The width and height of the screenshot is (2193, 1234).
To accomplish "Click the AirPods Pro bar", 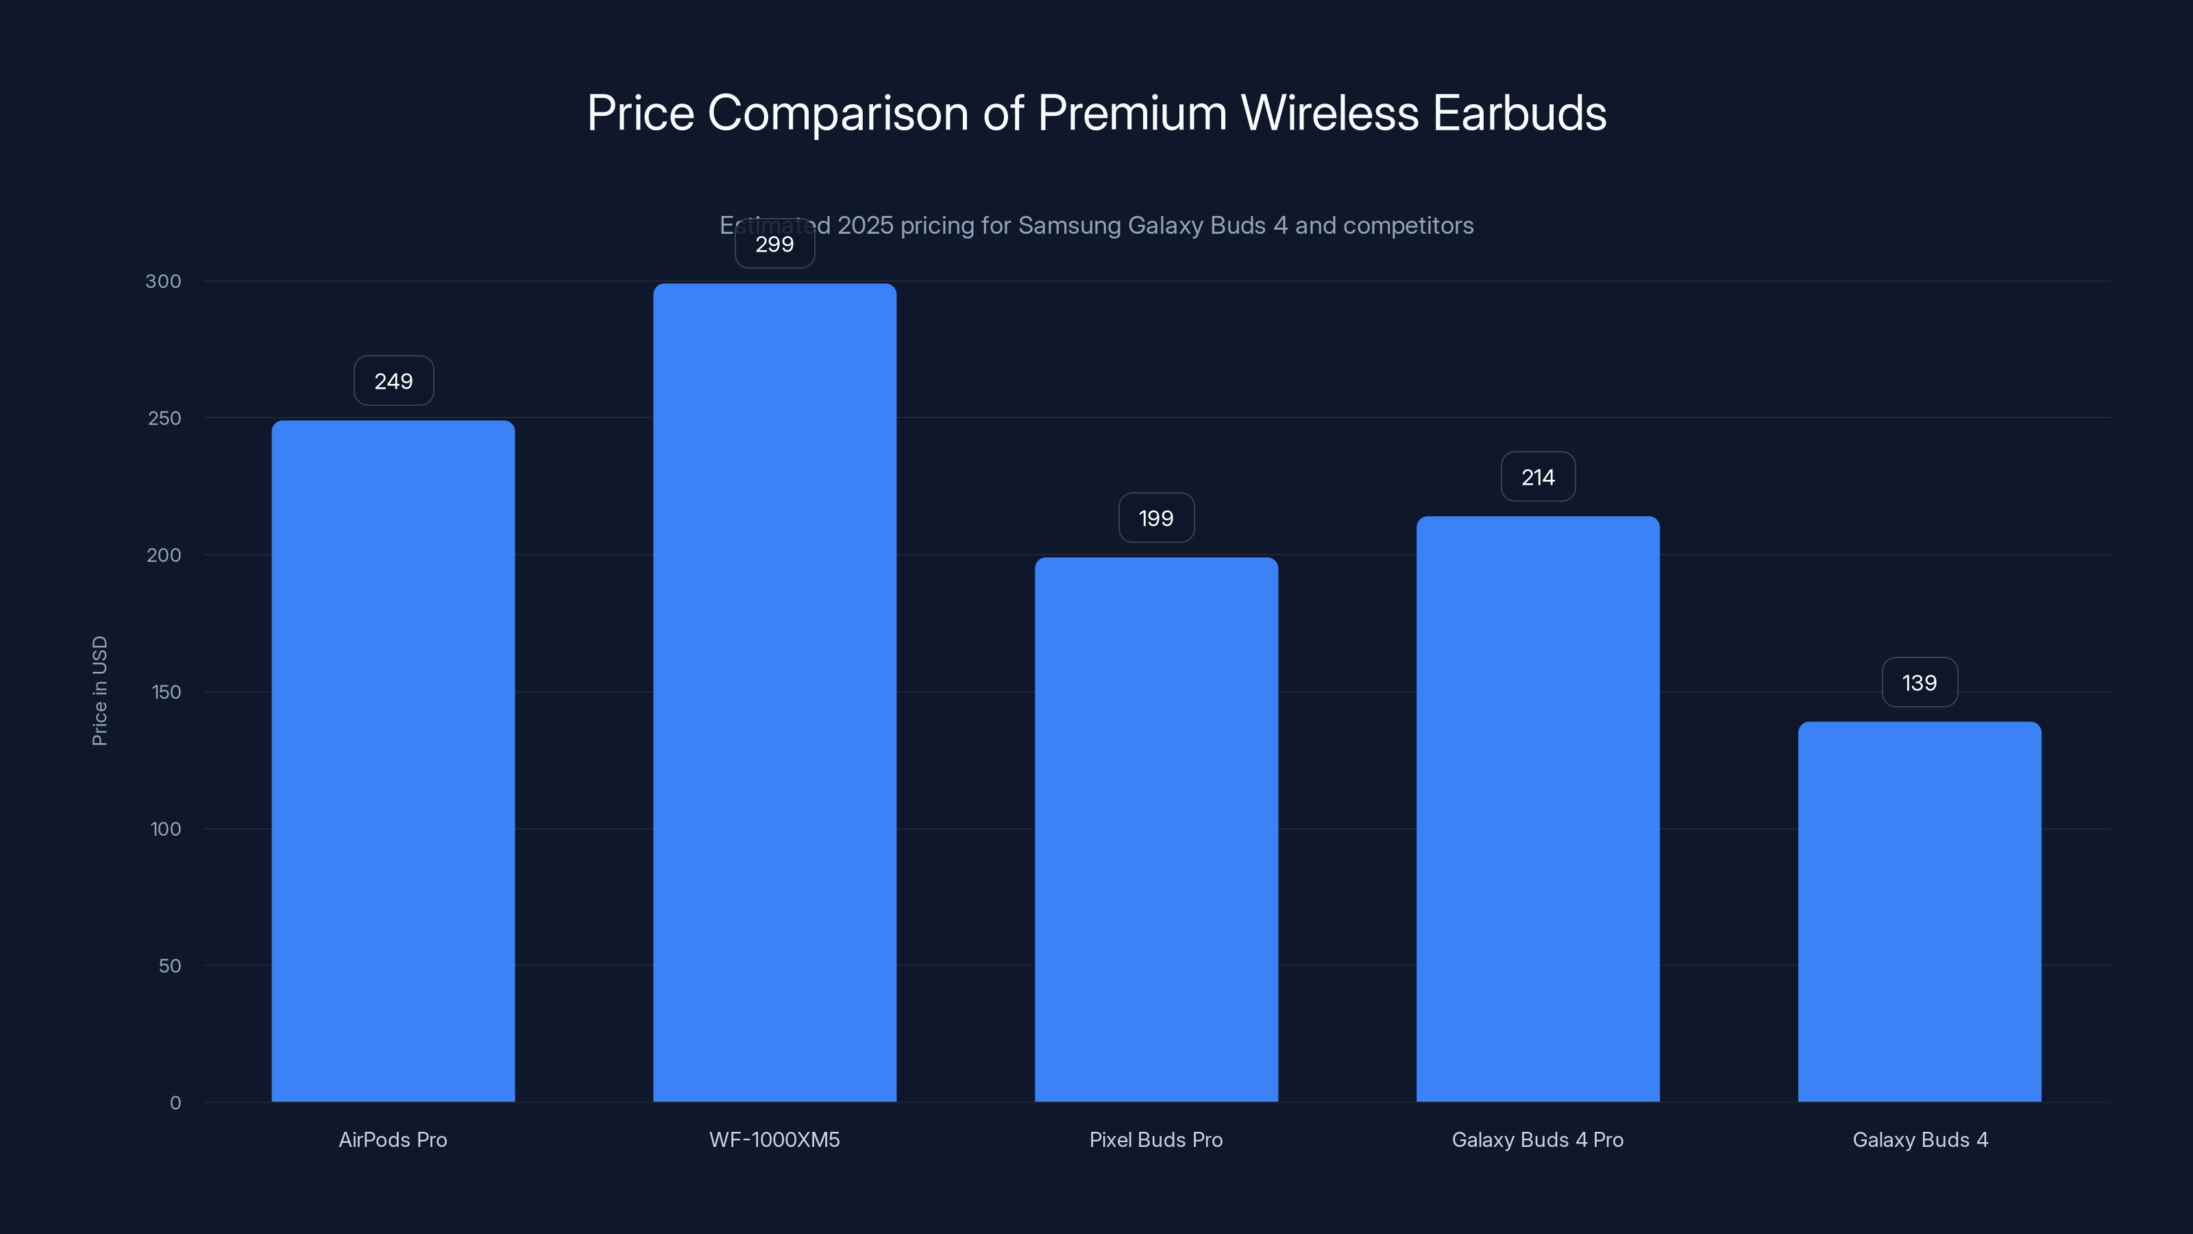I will pos(393,760).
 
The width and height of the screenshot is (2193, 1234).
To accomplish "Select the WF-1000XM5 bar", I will pos(774,692).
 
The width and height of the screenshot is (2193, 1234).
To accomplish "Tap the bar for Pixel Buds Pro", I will pos(1156,830).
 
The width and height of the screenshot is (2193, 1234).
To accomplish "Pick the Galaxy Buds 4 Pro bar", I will pos(1537,809).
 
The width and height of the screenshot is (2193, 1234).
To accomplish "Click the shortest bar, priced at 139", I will pos(1919,911).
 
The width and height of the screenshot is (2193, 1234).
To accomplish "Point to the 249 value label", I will pos(393,380).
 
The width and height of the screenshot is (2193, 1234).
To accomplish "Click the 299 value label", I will pos(774,245).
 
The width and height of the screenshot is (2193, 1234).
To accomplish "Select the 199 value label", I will pos(1156,518).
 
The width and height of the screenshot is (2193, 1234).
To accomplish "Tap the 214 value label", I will pos(1537,477).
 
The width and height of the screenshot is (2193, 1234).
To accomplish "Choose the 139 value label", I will pos(1919,682).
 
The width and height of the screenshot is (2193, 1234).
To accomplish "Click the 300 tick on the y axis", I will pos(164,281).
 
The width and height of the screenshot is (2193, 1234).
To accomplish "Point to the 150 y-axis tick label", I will pos(166,692).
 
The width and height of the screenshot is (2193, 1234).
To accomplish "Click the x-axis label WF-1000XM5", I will pos(774,1139).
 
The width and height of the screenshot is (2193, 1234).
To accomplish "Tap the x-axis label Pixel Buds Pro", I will pos(1156,1139).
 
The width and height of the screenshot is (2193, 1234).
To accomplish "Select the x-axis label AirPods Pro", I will pos(393,1139).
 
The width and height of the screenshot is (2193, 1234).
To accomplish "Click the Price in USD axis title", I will pos(99,690).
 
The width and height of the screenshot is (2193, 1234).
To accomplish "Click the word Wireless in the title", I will pos(1330,113).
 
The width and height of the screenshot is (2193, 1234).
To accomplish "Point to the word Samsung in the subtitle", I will pos(1069,226).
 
